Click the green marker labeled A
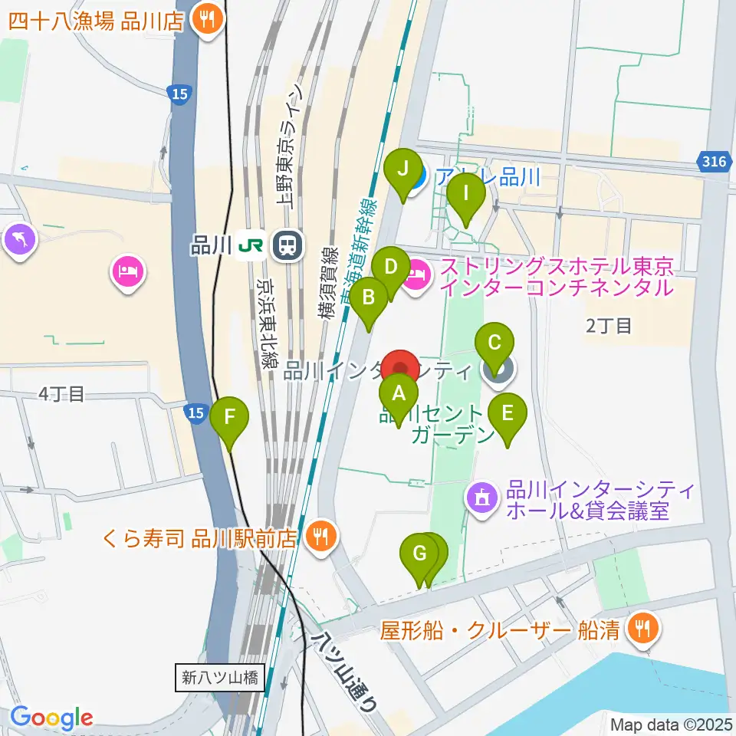pos(399,395)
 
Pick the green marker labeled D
pos(391,268)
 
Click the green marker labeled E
pos(508,413)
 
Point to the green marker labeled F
pos(229,418)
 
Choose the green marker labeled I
pos(465,194)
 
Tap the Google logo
pos(51,718)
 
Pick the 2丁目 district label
pos(609,326)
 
